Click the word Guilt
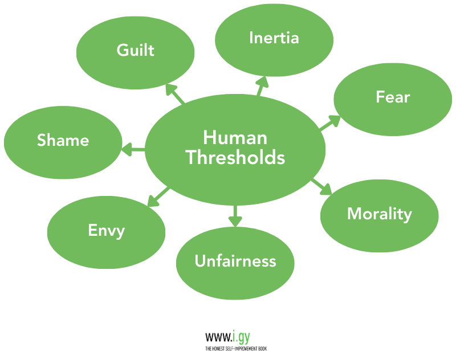[135, 50]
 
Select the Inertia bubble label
[274, 38]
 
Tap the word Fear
[393, 97]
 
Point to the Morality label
[379, 214]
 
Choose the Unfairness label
[235, 261]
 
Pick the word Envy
[106, 231]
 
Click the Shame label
[63, 140]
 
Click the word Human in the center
[235, 138]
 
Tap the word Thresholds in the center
[235, 157]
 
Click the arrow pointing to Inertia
[262, 85]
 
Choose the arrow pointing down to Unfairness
[235, 215]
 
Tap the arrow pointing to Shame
[133, 150]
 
